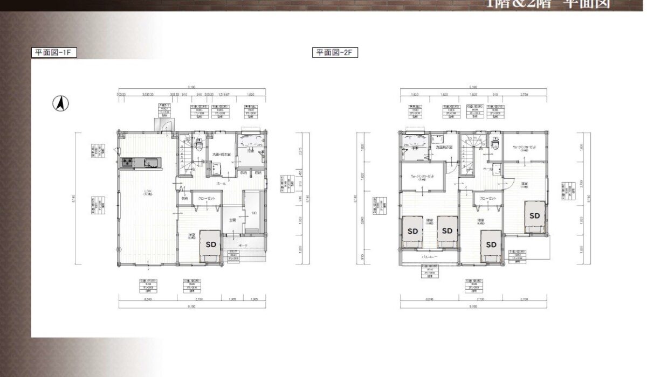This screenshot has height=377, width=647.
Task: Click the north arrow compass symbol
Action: tap(60, 102)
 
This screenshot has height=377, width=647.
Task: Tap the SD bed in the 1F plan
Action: tap(212, 243)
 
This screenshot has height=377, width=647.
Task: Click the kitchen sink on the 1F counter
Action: tap(150, 162)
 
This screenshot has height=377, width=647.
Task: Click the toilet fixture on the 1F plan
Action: tap(199, 144)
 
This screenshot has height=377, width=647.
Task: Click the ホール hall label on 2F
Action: tap(487, 169)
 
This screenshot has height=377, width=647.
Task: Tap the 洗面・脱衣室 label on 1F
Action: tap(221, 155)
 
